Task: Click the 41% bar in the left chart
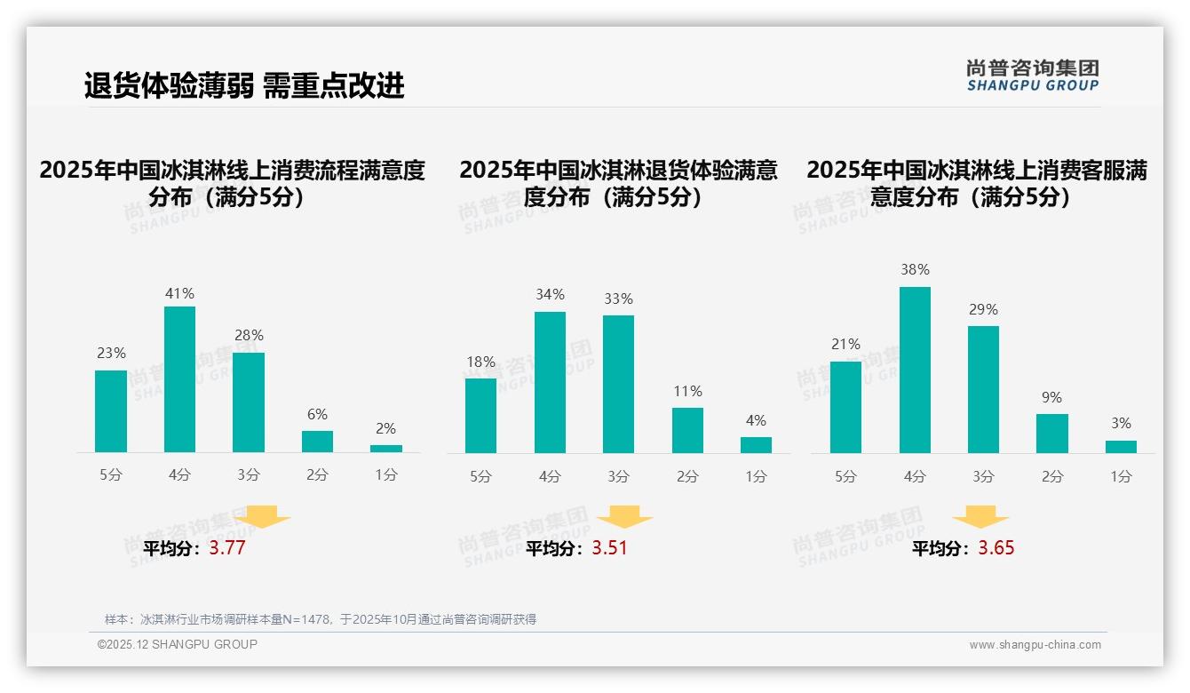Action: pyautogui.click(x=179, y=379)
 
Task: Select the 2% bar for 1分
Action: pyautogui.click(x=386, y=449)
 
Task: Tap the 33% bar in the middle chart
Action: pyautogui.click(x=618, y=384)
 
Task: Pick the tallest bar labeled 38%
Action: pyautogui.click(x=915, y=370)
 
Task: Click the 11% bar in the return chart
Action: pyautogui.click(x=687, y=430)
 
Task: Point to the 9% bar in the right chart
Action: pyautogui.click(x=1052, y=434)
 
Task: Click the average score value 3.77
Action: pyautogui.click(x=227, y=548)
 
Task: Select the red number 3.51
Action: pyautogui.click(x=609, y=548)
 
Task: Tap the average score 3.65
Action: pyautogui.click(x=996, y=548)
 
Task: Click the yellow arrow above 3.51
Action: pyautogui.click(x=624, y=517)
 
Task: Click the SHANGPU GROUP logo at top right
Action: pyautogui.click(x=1032, y=76)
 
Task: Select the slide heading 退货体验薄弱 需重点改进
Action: pyautogui.click(x=244, y=85)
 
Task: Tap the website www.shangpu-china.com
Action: pyautogui.click(x=1035, y=645)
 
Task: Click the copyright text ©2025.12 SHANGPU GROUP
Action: pyautogui.click(x=178, y=644)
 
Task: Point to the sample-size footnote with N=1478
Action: pyautogui.click(x=321, y=619)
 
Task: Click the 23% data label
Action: pyautogui.click(x=111, y=354)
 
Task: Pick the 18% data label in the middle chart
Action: pyautogui.click(x=480, y=362)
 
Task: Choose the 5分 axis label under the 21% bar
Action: pyautogui.click(x=845, y=476)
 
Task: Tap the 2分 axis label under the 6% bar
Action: pyautogui.click(x=317, y=475)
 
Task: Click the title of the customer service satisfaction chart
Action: pyautogui.click(x=976, y=183)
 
